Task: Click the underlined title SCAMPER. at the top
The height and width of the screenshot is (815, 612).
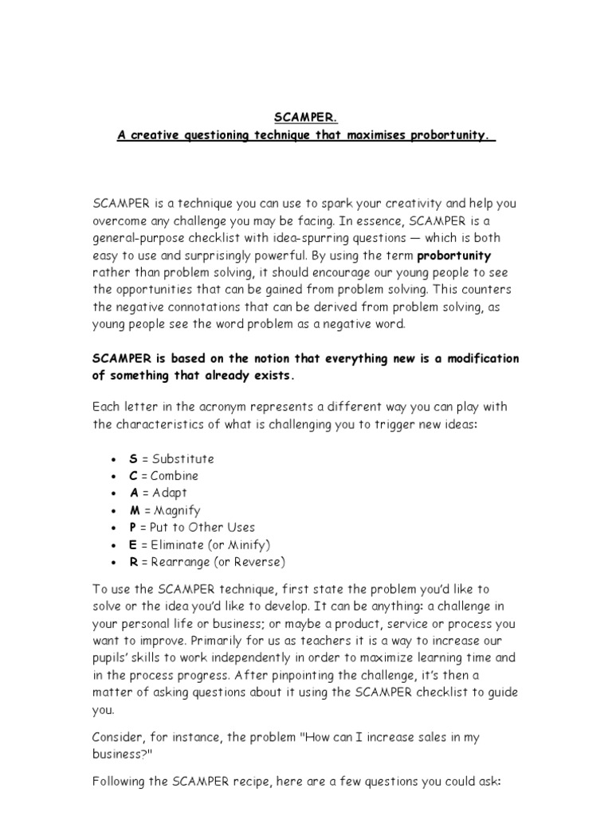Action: pos(306,119)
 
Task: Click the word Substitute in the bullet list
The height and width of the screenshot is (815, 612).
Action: pos(183,458)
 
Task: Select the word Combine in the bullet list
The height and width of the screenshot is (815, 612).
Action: pos(175,476)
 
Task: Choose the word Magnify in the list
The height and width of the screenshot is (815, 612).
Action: pos(177,510)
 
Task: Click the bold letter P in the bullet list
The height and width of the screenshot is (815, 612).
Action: pos(132,527)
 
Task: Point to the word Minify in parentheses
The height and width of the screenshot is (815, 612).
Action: pos(246,544)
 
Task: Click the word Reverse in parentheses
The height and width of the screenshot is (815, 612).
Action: pos(255,562)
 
